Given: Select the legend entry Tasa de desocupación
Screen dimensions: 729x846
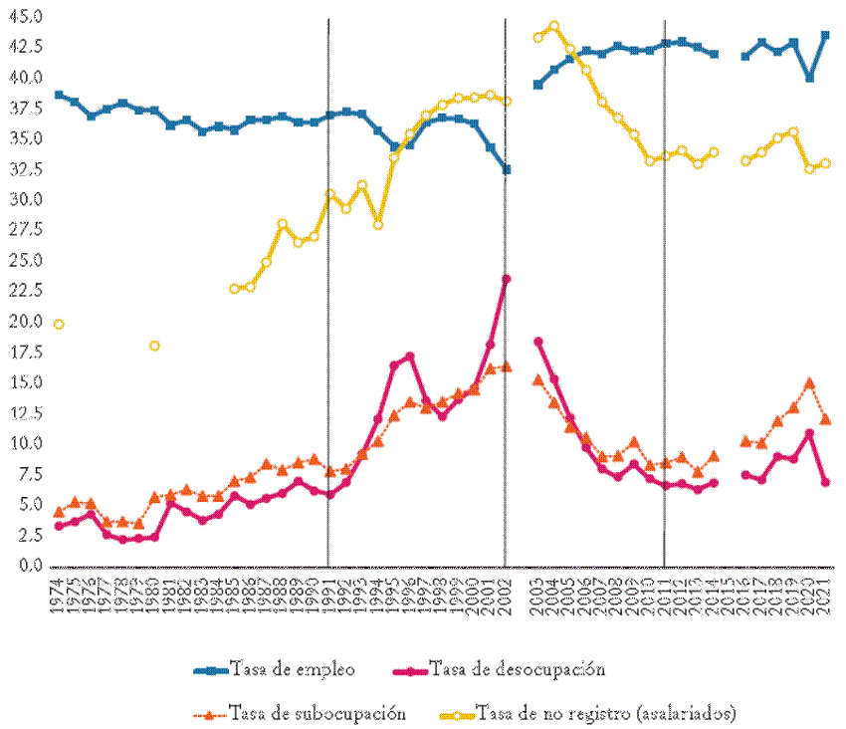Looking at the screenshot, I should pos(517,668).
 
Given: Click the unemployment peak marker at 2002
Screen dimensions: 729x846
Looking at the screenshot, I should pos(506,279).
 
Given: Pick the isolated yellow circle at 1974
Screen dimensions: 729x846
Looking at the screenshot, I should pos(59,324).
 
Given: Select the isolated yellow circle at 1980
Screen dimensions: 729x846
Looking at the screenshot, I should pos(154,346).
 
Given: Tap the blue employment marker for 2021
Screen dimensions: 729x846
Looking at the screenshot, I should pos(825,35).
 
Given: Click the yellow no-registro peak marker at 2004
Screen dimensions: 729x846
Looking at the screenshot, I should pos(554,26).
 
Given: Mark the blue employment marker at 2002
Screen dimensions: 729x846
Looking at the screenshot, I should pos(506,169).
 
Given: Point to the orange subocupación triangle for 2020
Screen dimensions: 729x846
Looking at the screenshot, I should pos(809,382).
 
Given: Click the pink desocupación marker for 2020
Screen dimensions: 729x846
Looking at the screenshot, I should pos(809,433).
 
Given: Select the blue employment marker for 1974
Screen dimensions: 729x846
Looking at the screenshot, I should pos(59,95).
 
